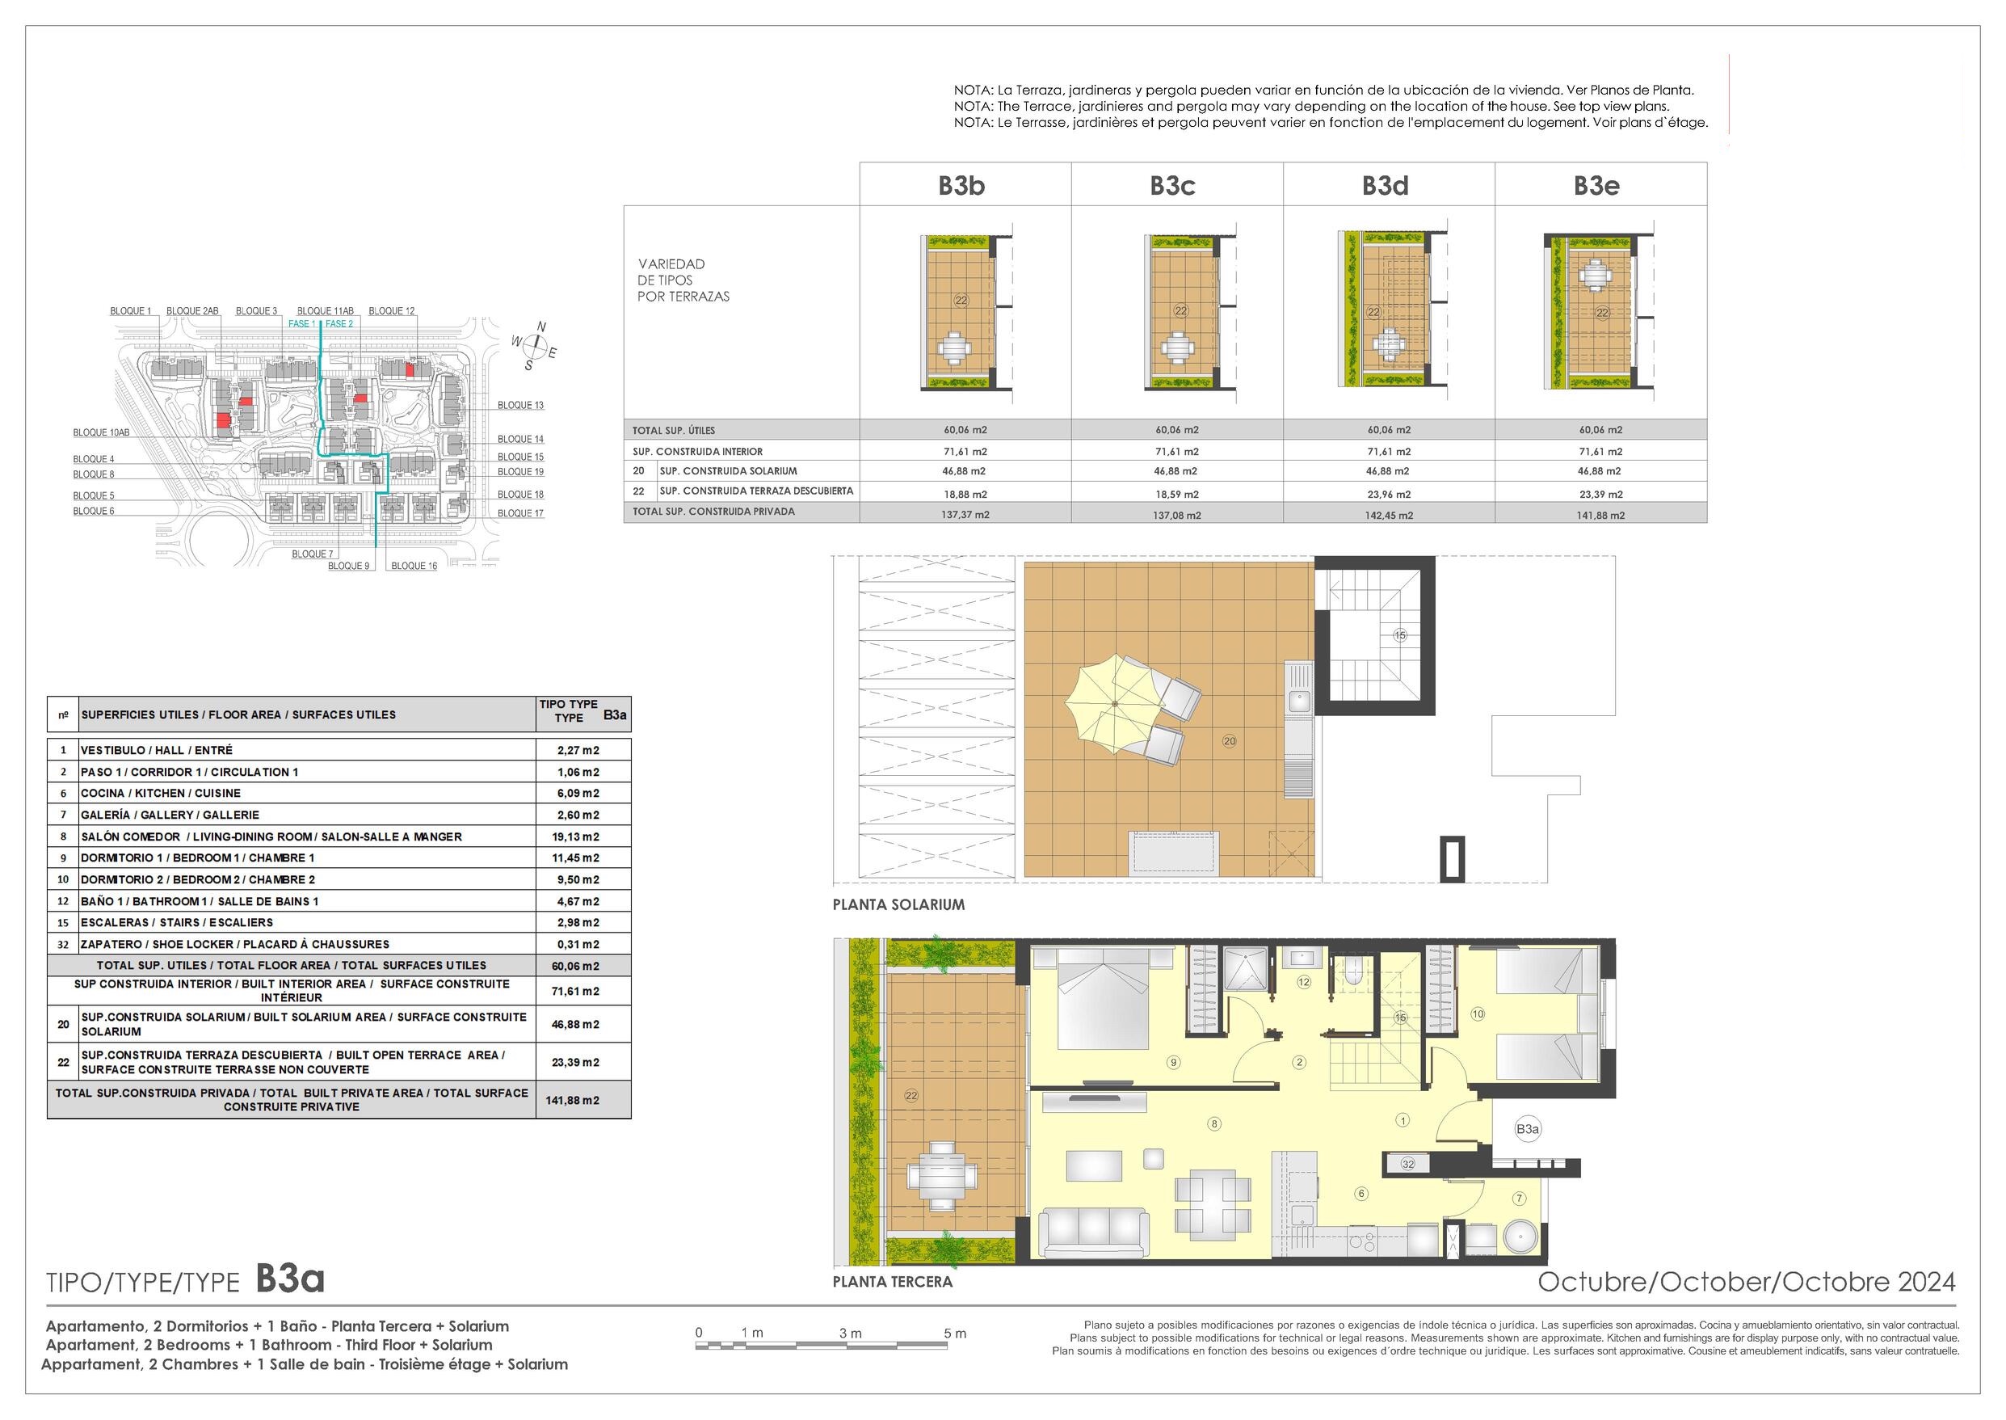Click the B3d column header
tap(1386, 185)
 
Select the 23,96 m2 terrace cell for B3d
tap(1389, 494)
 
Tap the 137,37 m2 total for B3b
tap(965, 515)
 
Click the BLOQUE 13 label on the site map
tap(520, 405)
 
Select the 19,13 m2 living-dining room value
tap(575, 836)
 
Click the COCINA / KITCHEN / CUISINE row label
tap(160, 793)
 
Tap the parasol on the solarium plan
tap(1117, 706)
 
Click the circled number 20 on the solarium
tap(1229, 741)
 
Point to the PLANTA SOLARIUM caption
tap(898, 905)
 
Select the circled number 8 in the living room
tap(1214, 1123)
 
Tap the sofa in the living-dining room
tap(1091, 1232)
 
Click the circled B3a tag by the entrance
tap(1527, 1129)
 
